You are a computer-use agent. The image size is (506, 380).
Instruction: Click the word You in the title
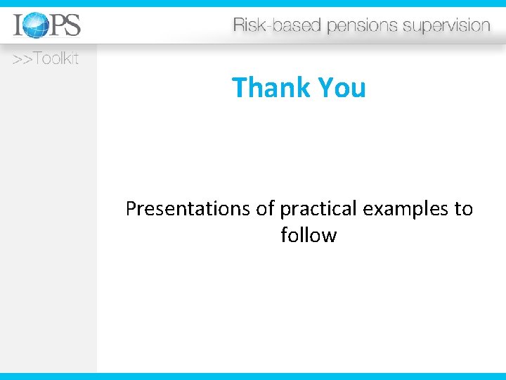pyautogui.click(x=342, y=88)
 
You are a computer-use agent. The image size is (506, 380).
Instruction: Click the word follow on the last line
pyautogui.click(x=309, y=235)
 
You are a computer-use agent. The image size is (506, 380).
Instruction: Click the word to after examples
pyautogui.click(x=463, y=209)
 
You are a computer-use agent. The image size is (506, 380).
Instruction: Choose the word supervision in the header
pyautogui.click(x=443, y=27)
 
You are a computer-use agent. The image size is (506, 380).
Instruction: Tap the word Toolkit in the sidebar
pyautogui.click(x=56, y=59)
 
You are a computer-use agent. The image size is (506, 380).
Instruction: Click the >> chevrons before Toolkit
pyautogui.click(x=22, y=60)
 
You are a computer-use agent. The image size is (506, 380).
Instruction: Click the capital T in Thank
pyautogui.click(x=238, y=88)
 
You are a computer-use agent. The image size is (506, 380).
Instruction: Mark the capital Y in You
pyautogui.click(x=325, y=88)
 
